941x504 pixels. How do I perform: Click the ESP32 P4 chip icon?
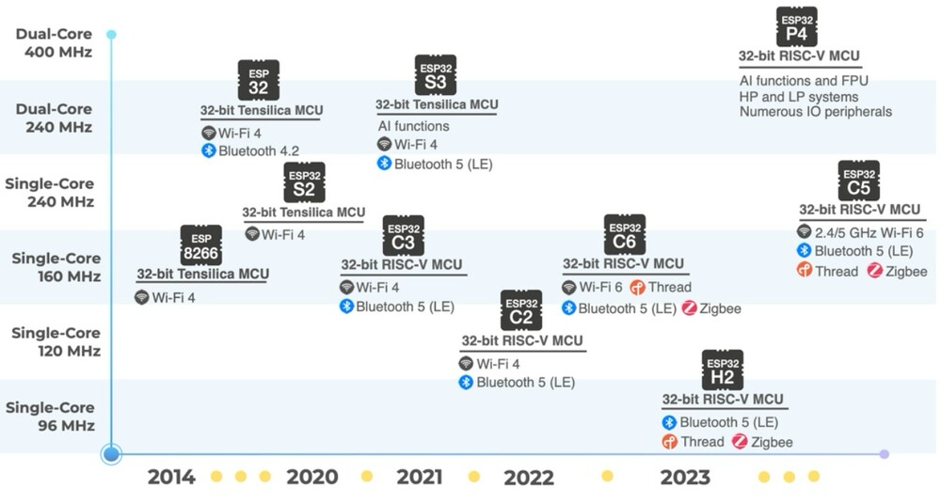(x=796, y=27)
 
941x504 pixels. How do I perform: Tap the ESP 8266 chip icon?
(x=201, y=245)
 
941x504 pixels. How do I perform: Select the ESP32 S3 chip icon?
(x=435, y=75)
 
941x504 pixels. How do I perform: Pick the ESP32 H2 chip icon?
(x=723, y=370)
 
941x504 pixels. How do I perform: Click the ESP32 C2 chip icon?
(x=521, y=310)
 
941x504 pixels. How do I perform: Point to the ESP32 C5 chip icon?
(x=858, y=181)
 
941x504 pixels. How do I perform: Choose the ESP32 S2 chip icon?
(x=303, y=182)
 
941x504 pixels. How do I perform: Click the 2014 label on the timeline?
(x=171, y=478)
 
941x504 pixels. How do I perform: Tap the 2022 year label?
(x=529, y=478)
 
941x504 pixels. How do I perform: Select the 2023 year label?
(x=685, y=478)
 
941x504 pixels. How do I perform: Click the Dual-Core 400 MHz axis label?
(x=54, y=43)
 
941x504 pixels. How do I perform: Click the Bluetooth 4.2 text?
(x=260, y=150)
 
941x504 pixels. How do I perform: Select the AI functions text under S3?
(x=414, y=126)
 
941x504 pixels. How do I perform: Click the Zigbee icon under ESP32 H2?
(x=740, y=442)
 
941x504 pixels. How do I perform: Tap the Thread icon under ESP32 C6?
(x=638, y=288)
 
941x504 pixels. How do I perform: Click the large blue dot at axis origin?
(x=112, y=454)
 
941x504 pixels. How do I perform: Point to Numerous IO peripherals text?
(x=815, y=112)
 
